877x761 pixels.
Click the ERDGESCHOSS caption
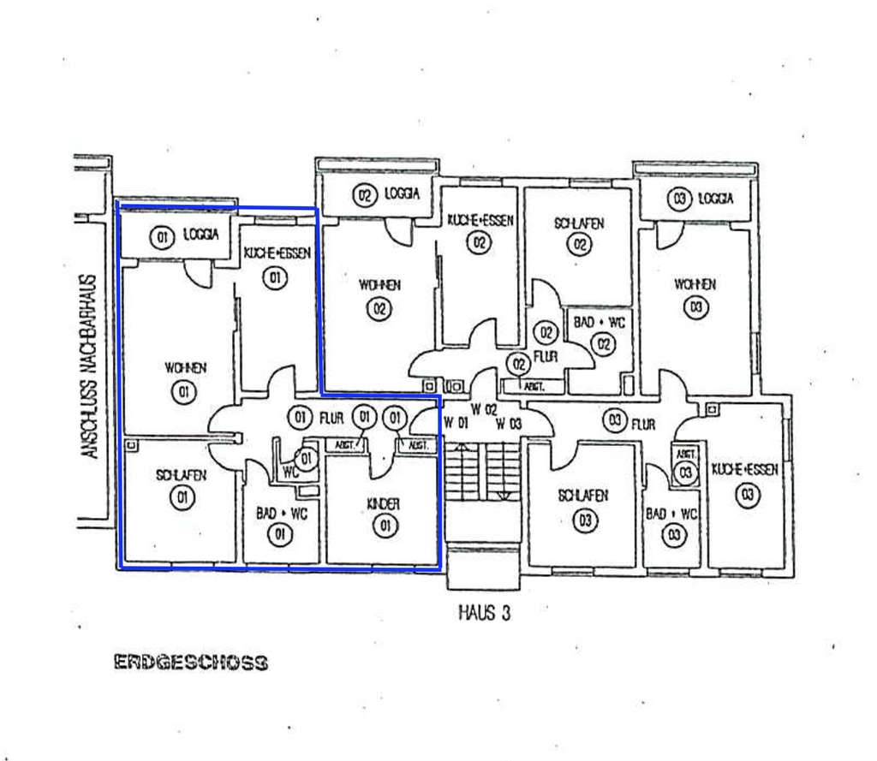click(190, 663)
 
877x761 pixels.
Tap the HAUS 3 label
click(485, 613)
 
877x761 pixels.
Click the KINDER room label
click(384, 505)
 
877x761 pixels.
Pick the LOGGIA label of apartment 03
click(715, 199)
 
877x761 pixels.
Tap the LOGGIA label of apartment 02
click(401, 194)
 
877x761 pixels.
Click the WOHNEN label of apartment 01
click(185, 368)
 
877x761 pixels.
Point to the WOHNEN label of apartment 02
click(379, 285)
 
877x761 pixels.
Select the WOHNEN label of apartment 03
click(695, 283)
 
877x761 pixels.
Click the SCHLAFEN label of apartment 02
click(579, 223)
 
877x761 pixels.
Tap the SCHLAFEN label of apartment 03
click(584, 496)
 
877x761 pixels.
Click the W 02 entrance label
click(485, 409)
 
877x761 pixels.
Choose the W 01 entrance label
click(456, 423)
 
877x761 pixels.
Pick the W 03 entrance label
click(509, 423)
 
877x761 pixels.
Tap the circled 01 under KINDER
click(385, 526)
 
